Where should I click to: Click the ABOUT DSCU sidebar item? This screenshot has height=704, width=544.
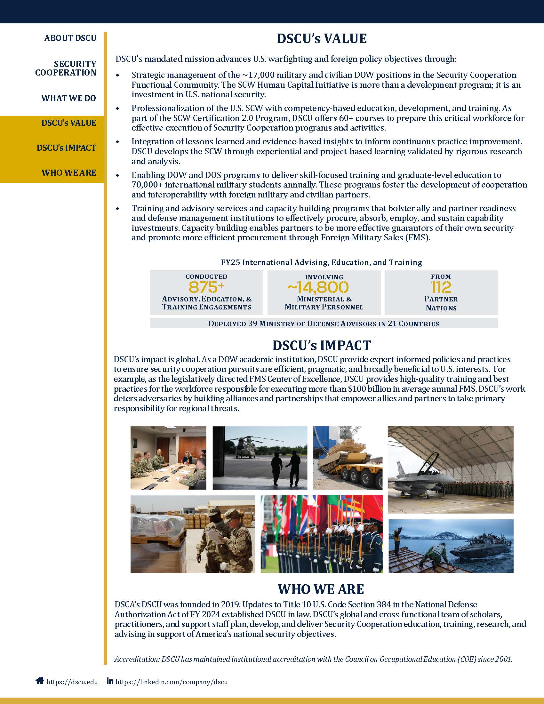point(70,38)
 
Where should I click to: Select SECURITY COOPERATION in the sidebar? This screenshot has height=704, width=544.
point(66,68)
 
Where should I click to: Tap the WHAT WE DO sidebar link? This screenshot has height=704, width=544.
point(69,98)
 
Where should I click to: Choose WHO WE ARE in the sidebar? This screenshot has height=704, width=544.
point(69,172)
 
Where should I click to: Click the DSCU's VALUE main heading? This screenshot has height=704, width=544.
point(322,39)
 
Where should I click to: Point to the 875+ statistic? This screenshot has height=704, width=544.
point(206,286)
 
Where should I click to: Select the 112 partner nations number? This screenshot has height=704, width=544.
point(441,287)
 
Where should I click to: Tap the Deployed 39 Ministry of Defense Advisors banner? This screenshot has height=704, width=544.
point(324,323)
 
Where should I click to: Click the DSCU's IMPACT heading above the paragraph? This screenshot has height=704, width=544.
point(322,345)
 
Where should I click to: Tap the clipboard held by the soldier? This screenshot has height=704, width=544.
point(214,536)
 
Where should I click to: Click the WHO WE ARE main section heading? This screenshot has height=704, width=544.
point(321,589)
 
